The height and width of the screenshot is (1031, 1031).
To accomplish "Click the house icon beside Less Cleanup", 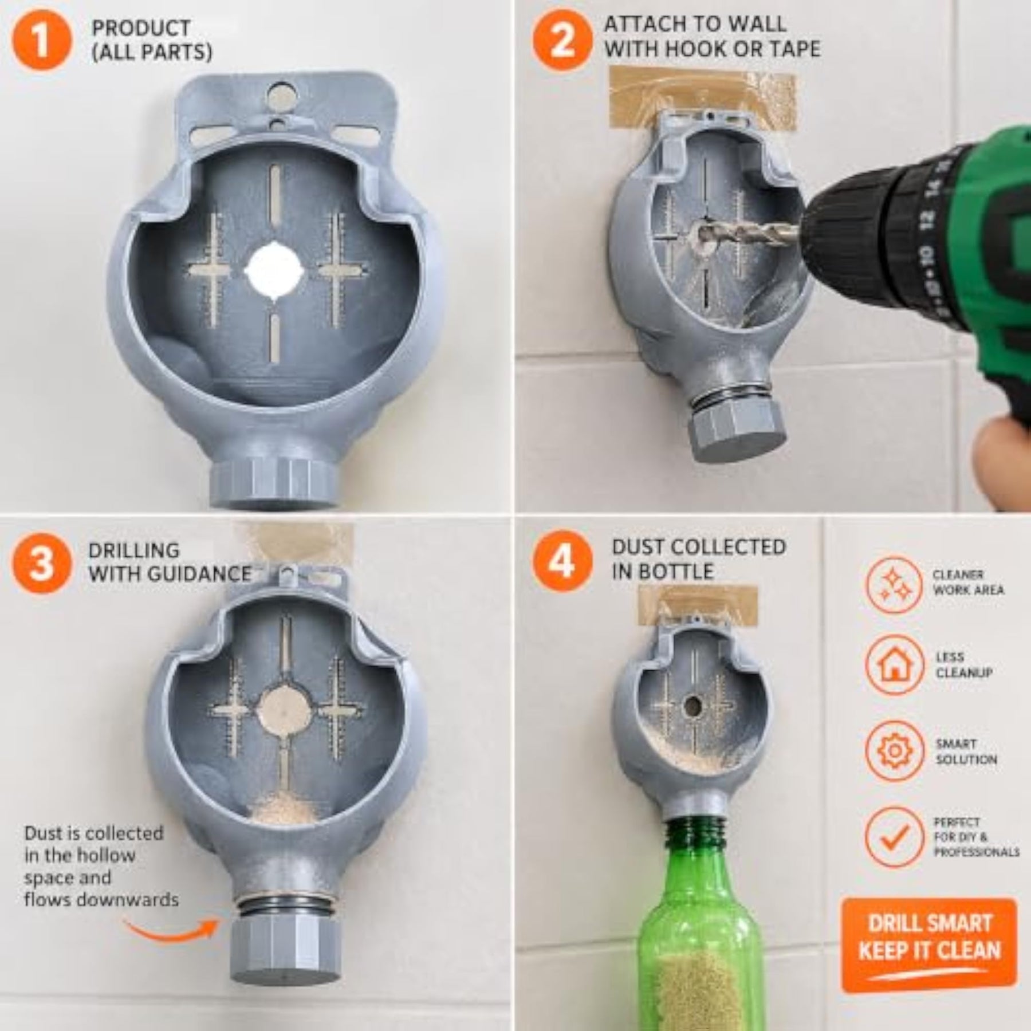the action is coord(894,665).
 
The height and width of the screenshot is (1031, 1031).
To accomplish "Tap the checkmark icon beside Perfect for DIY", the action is coord(894,836).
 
